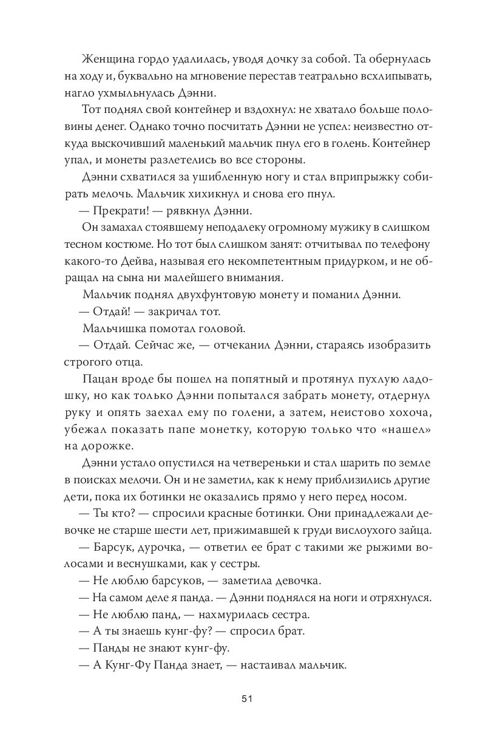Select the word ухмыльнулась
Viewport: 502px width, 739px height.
tap(138, 93)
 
